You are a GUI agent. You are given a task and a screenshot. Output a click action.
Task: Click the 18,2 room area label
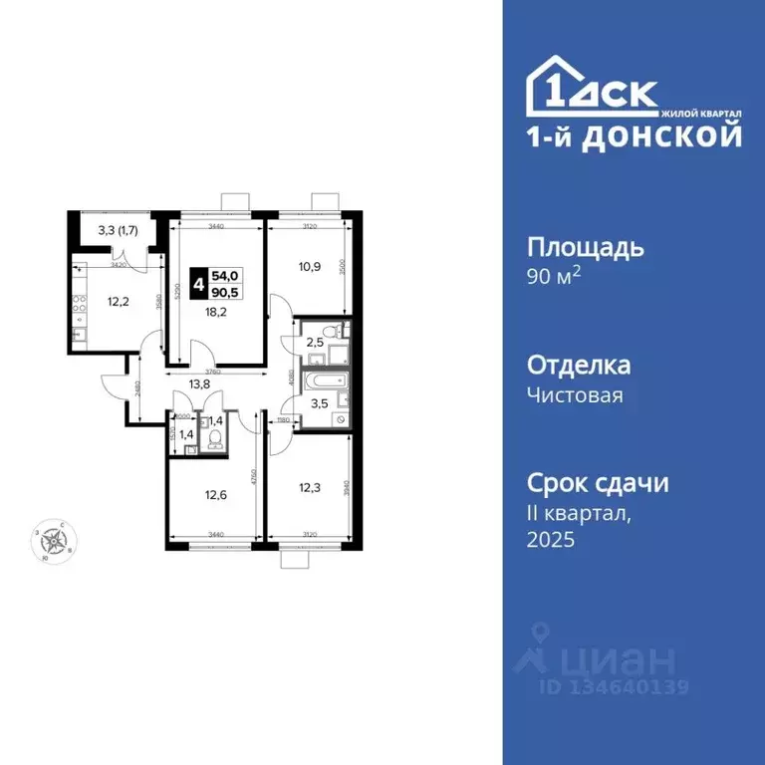tap(216, 310)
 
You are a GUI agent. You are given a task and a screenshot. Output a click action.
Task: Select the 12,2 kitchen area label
tap(92, 301)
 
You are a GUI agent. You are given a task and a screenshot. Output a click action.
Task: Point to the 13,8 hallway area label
tap(201, 382)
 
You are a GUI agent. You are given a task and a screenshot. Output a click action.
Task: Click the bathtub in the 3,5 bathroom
tap(324, 381)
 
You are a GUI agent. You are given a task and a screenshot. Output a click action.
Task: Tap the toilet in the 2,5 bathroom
tap(340, 331)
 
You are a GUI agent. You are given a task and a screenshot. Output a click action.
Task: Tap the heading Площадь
tap(585, 247)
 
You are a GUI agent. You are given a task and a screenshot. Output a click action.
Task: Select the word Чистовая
tap(575, 395)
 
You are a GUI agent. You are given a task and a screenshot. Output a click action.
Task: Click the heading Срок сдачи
tap(597, 484)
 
